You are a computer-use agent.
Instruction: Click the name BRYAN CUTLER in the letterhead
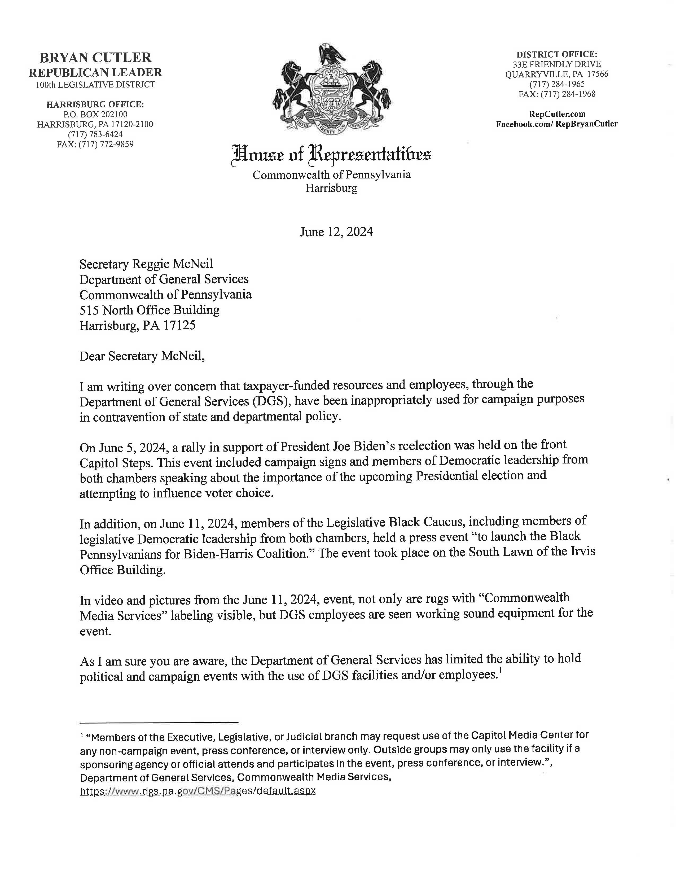[x=95, y=58]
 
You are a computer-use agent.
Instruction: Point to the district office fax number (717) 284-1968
[x=557, y=94]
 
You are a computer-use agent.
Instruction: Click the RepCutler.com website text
[x=557, y=114]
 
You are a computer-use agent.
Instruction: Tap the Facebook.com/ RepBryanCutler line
[x=557, y=124]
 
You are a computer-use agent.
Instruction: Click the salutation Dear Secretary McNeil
[x=142, y=356]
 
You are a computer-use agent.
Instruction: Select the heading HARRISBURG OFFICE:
[x=95, y=104]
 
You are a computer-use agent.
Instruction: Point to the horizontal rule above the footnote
[x=159, y=722]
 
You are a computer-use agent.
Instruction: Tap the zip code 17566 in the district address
[x=598, y=74]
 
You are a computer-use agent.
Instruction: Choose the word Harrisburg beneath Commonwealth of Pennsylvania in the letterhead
[x=331, y=188]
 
